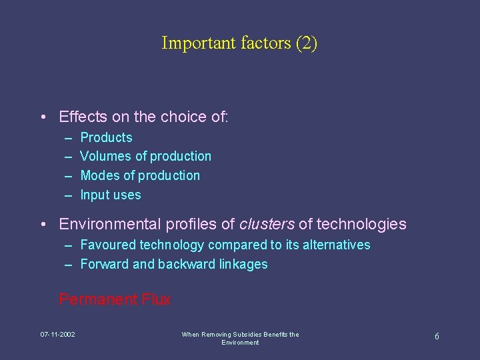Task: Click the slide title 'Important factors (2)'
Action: click(239, 43)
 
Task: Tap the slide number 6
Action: click(437, 337)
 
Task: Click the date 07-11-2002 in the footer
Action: click(57, 334)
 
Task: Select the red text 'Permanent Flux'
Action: click(115, 300)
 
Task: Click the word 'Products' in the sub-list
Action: click(106, 138)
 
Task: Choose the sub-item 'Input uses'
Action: click(111, 195)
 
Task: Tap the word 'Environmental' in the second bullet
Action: click(108, 224)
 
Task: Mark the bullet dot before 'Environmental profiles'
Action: click(43, 225)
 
